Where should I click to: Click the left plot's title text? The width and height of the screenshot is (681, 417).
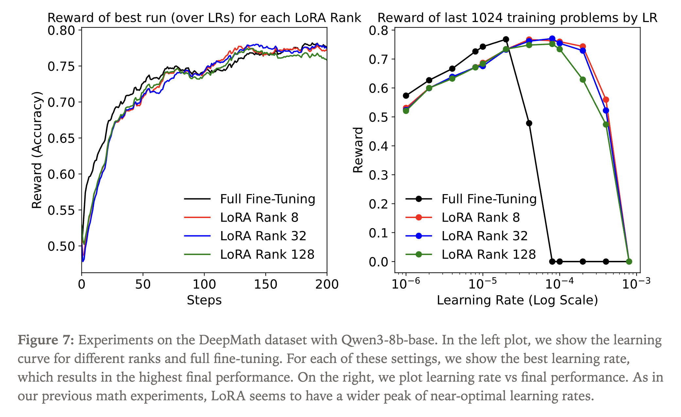point(204,18)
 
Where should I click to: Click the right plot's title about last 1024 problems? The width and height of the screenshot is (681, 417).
point(517,18)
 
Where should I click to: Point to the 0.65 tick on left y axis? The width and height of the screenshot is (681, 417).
point(61,138)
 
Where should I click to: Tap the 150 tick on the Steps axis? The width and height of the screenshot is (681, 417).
point(266,284)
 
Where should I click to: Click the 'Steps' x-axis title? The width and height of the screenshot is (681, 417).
point(204,300)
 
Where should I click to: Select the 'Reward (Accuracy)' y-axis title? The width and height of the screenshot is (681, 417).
point(37,150)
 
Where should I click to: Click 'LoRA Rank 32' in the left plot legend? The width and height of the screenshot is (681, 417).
point(263,236)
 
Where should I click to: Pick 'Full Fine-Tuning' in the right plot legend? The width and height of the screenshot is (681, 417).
point(489,199)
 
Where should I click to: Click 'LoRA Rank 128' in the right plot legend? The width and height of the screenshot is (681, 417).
point(488,254)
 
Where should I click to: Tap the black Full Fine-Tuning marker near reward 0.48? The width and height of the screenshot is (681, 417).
point(529,123)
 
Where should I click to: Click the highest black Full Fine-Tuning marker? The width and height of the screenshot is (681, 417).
point(506,39)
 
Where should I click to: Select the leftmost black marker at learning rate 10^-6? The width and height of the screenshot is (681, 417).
point(406,96)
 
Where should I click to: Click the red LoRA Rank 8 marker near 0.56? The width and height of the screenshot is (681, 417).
point(606,100)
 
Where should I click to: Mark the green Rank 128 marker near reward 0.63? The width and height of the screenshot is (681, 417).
point(583,80)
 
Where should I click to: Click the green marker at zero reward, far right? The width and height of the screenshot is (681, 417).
point(629,262)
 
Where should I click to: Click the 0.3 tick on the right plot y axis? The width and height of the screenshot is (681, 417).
point(378,175)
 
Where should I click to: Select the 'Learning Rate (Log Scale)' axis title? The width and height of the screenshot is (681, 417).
point(517,300)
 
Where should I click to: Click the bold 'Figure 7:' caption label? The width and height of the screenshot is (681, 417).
point(46,340)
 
